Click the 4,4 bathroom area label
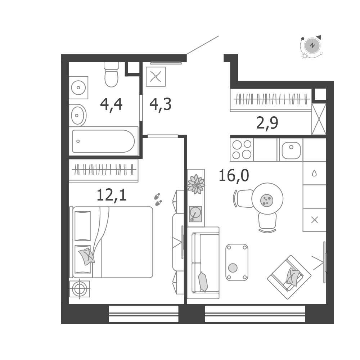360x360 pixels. click(111, 105)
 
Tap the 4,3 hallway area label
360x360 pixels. click(161, 105)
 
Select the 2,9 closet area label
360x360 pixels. click(267, 123)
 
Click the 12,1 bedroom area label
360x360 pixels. click(112, 195)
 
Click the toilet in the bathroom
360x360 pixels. click(111, 75)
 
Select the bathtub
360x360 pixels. click(103, 141)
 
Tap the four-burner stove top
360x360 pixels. click(242, 149)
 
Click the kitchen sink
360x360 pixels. click(291, 150)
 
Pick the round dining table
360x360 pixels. click(267, 199)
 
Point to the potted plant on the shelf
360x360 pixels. click(196, 184)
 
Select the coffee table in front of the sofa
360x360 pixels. click(237, 262)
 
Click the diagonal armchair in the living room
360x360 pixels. click(289, 277)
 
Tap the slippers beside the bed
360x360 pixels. click(158, 199)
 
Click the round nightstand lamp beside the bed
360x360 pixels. click(80, 289)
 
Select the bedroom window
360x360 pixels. click(144, 314)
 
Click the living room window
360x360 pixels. click(255, 314)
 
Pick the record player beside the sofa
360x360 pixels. click(195, 214)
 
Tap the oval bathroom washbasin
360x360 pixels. click(78, 115)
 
